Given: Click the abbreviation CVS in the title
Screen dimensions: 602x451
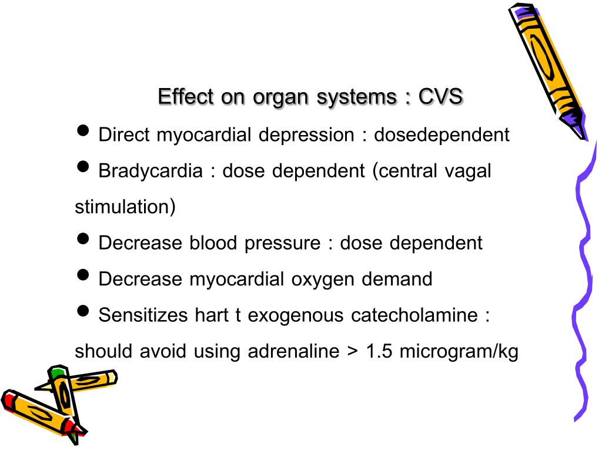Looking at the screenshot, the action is click(x=440, y=97).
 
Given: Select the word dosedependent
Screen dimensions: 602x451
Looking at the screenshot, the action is click(x=442, y=135).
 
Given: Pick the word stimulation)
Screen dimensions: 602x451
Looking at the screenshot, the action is click(x=125, y=207).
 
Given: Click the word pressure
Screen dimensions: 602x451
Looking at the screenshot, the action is click(x=285, y=243).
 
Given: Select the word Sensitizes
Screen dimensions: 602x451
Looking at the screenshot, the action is click(x=143, y=315).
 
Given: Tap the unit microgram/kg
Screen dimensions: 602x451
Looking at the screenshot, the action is click(x=459, y=351).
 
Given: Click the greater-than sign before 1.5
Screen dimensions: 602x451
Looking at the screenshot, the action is click(x=352, y=352).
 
